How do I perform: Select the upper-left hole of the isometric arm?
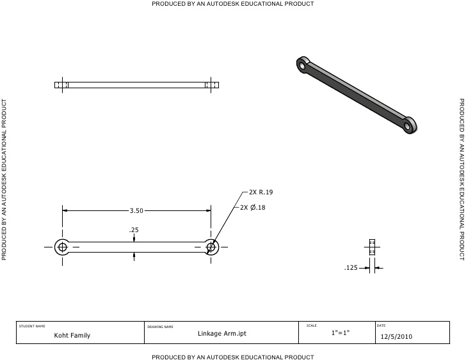[x=301, y=64]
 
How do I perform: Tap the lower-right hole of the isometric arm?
[x=409, y=125]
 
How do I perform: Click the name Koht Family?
[x=72, y=335]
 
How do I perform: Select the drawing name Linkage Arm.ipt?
[x=221, y=333]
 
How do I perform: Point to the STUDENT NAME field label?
[x=32, y=326]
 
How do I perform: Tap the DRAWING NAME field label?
[x=160, y=326]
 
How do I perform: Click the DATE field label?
[x=382, y=325]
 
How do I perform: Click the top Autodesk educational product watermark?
[x=232, y=4]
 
